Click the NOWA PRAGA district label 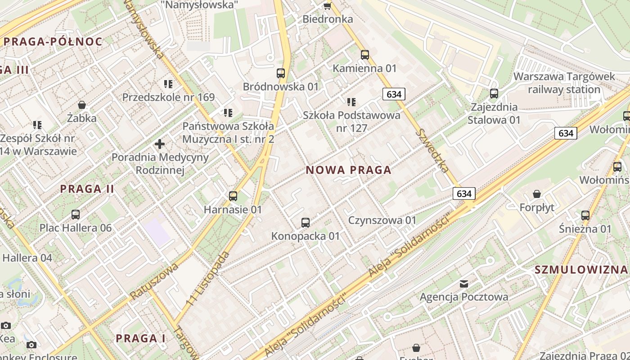348,170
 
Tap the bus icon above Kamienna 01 365,55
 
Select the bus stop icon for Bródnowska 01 281,73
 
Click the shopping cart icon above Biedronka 327,6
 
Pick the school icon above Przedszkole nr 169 168,84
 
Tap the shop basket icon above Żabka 82,105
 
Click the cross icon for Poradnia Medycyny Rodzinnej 160,144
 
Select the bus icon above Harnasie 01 233,196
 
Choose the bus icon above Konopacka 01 306,222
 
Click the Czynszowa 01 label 382,220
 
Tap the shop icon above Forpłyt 536,194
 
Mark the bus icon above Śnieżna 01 585,215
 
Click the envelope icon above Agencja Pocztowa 463,283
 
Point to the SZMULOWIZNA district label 580,270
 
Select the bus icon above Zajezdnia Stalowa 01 494,94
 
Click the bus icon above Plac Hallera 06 75,214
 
